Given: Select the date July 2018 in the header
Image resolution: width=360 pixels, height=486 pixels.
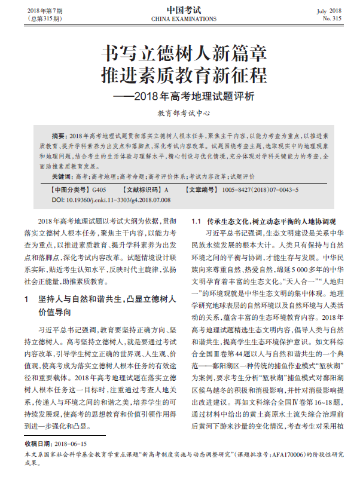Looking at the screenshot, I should tap(329, 11).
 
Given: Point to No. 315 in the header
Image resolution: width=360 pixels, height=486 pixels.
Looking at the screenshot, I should tap(332, 19).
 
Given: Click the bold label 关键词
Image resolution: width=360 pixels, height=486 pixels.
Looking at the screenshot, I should tap(62, 178).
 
